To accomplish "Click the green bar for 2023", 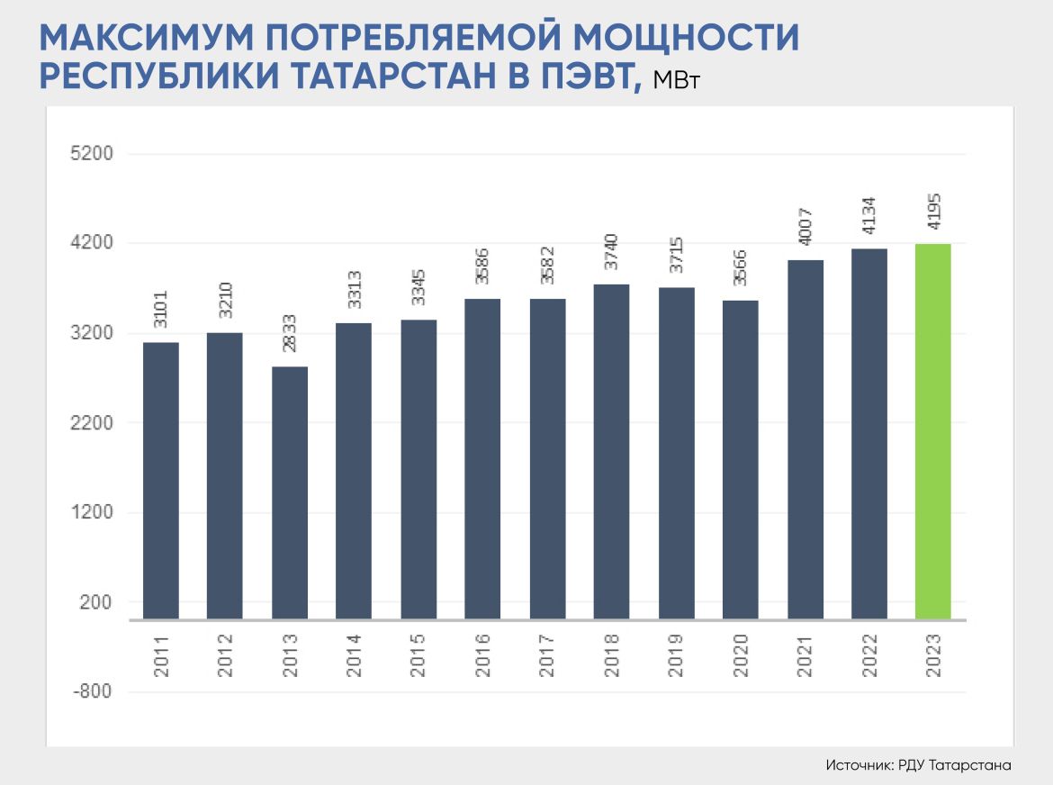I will [932, 431].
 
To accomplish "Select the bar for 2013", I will [289, 492].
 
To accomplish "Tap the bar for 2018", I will [611, 452].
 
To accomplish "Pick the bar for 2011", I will [160, 481].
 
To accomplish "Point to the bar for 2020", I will [740, 459].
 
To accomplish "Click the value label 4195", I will [933, 214].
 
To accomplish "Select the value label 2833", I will [289, 338].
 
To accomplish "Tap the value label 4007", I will [805, 230].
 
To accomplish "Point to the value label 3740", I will [611, 255].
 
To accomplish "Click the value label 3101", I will [160, 313].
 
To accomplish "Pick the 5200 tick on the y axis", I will [92, 154].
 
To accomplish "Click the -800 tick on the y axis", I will [92, 692].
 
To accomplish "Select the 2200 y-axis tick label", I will [92, 423].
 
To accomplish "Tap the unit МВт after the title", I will [676, 81].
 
